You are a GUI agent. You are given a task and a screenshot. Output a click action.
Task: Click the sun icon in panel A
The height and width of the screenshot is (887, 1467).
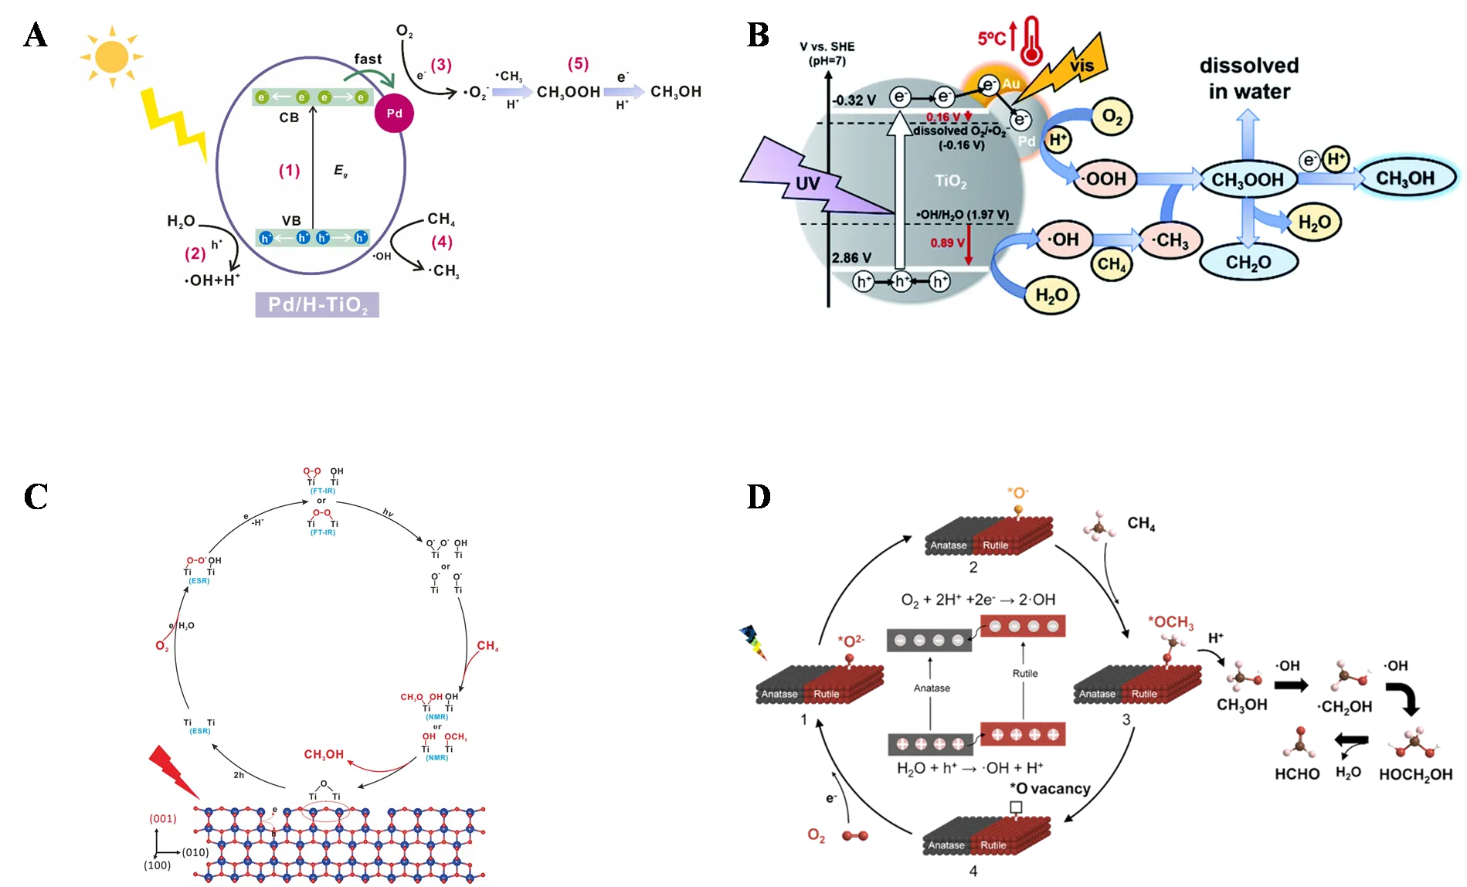pos(112,56)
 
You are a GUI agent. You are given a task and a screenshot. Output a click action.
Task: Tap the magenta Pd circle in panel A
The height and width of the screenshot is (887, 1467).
pos(394,114)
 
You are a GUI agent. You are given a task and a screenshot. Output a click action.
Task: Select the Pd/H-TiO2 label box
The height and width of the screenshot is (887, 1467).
pos(318,305)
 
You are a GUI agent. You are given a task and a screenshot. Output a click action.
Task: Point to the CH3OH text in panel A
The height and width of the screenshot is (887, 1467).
pos(676,92)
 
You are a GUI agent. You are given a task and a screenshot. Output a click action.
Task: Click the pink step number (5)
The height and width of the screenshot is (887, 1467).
pos(578,63)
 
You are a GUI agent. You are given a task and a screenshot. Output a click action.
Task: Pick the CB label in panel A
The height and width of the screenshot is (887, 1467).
pos(289,117)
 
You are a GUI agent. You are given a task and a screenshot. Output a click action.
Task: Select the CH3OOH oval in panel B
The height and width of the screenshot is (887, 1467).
pos(1247,180)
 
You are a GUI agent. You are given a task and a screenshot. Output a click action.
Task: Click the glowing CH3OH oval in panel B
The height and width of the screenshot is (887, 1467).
pos(1404,178)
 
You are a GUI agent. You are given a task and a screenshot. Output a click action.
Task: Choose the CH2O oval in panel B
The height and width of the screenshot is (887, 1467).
pos(1248,263)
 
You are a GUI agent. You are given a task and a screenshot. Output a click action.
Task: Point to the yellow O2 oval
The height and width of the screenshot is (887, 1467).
pos(1112,117)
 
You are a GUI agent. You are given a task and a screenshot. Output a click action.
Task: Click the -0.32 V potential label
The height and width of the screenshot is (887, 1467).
pos(854,100)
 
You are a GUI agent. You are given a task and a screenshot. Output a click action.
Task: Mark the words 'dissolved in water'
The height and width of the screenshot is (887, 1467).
pos(1248,78)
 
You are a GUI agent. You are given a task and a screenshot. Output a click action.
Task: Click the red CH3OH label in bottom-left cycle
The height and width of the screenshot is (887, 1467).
pos(324,754)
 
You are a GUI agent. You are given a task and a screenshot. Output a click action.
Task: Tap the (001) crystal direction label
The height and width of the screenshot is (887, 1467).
pos(163,818)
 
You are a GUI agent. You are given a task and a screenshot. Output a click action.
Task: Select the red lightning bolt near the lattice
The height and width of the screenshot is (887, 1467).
pos(173,771)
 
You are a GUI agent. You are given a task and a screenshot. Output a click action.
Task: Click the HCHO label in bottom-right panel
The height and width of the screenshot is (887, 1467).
pos(1297,773)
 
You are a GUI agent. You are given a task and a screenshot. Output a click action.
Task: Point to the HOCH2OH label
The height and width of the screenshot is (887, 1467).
pos(1415,774)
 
